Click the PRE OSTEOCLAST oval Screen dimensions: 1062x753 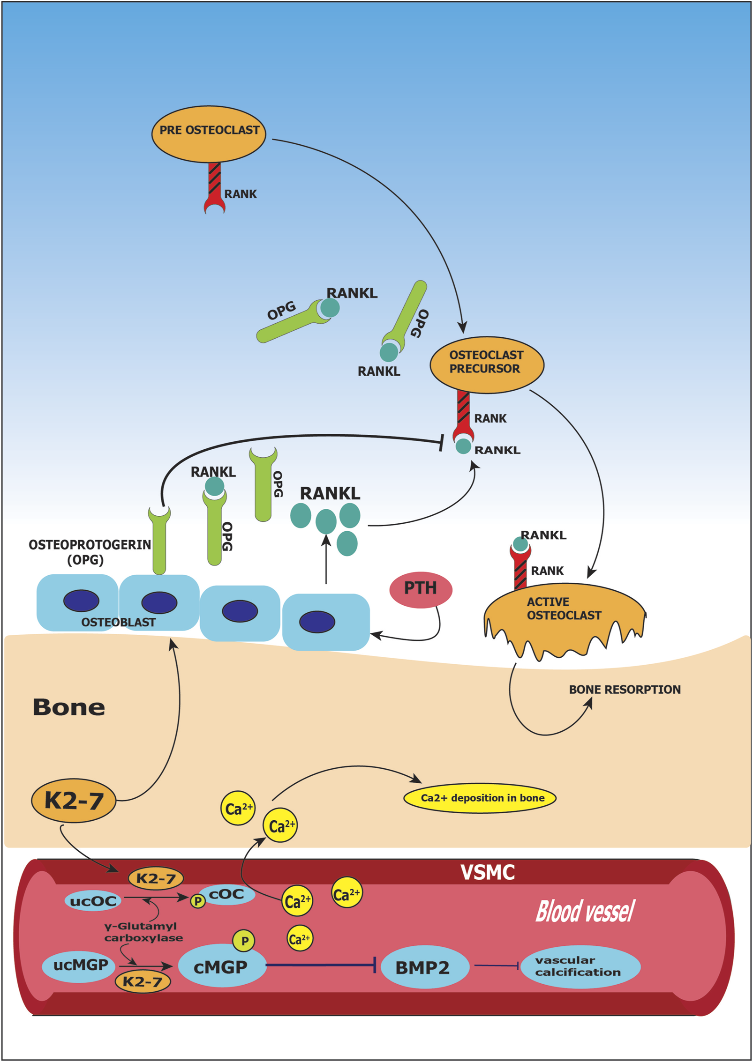[209, 134]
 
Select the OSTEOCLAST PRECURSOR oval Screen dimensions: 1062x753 [487, 364]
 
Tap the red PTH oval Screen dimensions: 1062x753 [421, 589]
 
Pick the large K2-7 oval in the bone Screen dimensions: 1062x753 [74, 801]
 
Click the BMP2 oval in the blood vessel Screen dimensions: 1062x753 [424, 967]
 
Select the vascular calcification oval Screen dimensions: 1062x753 [580, 966]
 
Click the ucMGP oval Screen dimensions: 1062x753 [79, 965]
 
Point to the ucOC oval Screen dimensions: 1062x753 [93, 901]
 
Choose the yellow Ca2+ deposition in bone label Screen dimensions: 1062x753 [480, 798]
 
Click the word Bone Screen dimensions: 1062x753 [68, 707]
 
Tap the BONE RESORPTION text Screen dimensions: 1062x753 [624, 689]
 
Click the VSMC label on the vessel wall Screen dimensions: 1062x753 [487, 872]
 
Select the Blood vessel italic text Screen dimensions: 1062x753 [585, 911]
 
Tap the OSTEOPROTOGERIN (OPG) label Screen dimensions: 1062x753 [89, 551]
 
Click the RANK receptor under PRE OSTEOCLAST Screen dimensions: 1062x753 [215, 187]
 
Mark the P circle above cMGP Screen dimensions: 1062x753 [244, 941]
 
